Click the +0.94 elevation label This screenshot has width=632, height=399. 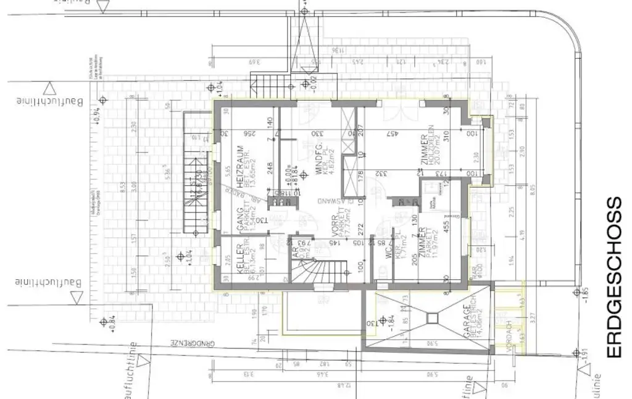(96, 115)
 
